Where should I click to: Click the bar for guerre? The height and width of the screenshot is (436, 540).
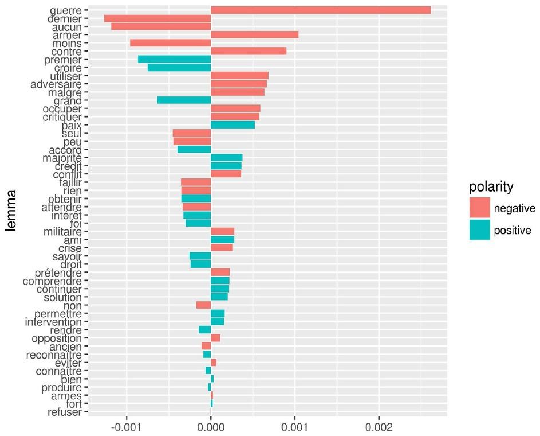point(321,10)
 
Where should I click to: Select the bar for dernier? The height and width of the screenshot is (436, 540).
point(157,18)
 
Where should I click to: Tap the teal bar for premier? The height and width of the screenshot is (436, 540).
point(174,59)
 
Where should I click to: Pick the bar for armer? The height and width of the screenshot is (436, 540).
point(254,35)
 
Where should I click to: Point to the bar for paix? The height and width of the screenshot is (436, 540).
point(233,125)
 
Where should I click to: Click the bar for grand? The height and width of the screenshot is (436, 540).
point(184,100)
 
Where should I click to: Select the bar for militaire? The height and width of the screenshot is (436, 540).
point(223,231)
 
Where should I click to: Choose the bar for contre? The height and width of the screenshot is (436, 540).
point(249,51)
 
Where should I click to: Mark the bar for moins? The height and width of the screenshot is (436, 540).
point(171,43)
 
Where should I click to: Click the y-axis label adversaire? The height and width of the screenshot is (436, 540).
point(56,84)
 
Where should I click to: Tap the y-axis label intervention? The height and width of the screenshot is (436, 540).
point(53,322)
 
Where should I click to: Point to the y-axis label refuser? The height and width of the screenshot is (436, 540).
point(65,412)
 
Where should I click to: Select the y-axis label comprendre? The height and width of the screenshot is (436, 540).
point(52,282)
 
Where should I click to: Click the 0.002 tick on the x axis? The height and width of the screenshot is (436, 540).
point(379,428)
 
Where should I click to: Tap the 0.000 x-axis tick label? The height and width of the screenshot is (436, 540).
point(211,428)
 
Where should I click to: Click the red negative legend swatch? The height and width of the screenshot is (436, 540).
point(480,208)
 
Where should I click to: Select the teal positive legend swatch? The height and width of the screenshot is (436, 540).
point(480,229)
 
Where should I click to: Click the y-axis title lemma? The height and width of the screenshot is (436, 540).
point(11,211)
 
